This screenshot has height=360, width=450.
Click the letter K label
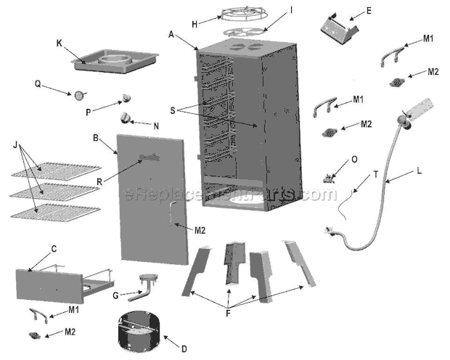pyautogui.click(x=60, y=43)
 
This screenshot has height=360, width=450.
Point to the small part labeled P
pyautogui.click(x=128, y=99)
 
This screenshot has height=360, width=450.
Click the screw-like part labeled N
pyautogui.click(x=126, y=118)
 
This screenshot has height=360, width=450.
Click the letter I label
pyautogui.click(x=271, y=10)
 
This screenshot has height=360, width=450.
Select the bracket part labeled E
pyautogui.click(x=339, y=28)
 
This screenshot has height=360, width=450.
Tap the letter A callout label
pyautogui.click(x=171, y=33)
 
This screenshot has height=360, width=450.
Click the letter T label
pyautogui.click(x=376, y=173)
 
